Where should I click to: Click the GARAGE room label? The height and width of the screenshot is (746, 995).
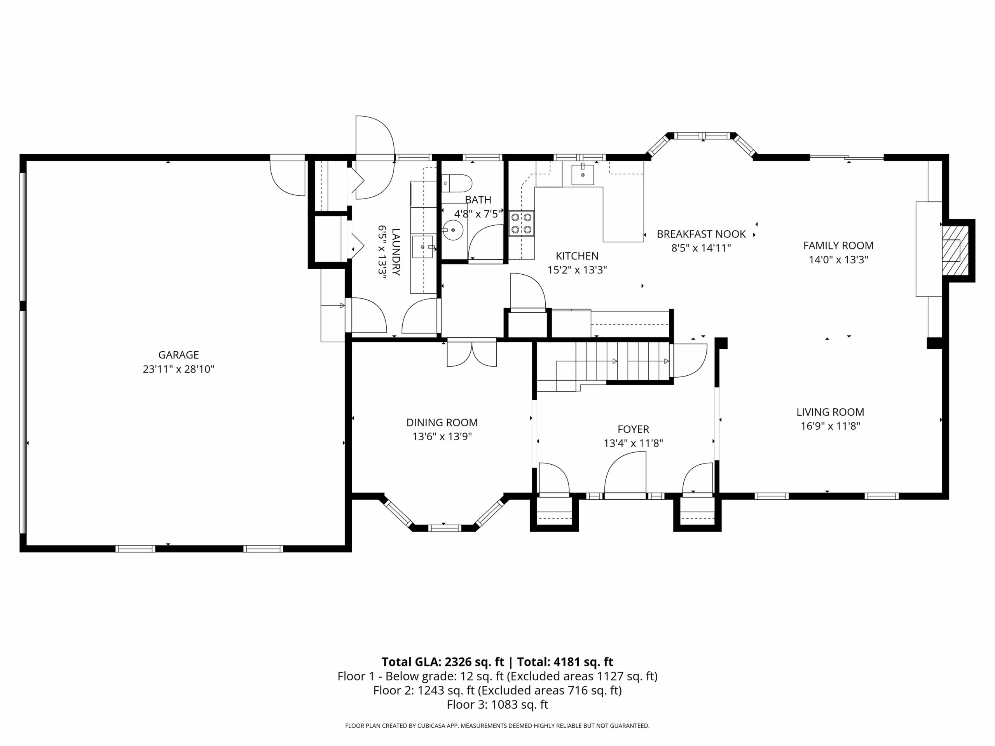coord(178,355)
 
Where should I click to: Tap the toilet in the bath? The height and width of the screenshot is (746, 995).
coord(457,183)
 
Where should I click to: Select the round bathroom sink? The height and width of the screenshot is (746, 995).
coord(452,230)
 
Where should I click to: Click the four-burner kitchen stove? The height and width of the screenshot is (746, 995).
coord(521,223)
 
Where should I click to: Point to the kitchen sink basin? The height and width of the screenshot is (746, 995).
coord(583,175)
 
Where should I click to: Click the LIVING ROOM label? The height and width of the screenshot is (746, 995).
coord(830,412)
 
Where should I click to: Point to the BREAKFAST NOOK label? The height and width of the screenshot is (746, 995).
coord(701,234)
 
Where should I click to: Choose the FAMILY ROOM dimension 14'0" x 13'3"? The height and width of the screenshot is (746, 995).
coord(838,260)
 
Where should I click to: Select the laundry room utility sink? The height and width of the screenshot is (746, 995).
coord(422,247)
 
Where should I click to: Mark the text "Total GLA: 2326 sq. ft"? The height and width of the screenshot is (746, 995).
coord(443,662)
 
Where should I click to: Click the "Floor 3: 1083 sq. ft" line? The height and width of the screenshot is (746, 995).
coord(497,705)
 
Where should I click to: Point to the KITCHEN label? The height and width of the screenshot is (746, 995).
coord(577,256)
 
